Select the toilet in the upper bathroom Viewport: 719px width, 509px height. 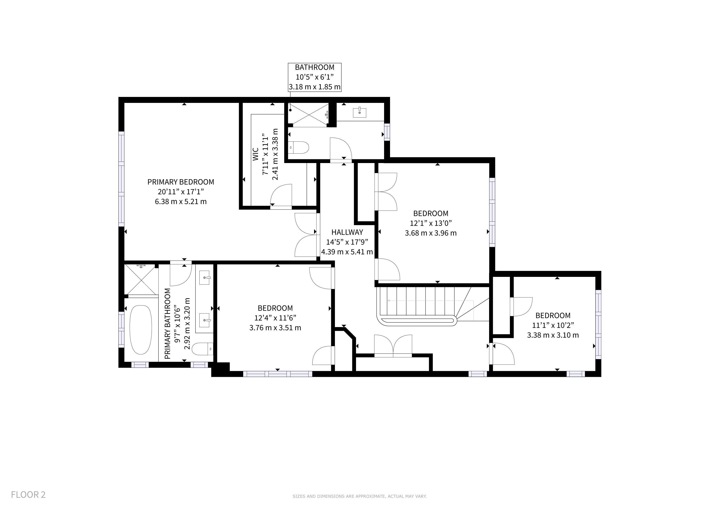(x=298, y=147)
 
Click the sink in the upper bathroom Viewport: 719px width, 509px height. (x=359, y=112)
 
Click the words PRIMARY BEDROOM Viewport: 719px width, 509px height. (x=181, y=182)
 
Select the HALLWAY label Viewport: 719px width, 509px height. (x=347, y=232)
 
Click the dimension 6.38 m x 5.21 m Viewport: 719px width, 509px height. (x=181, y=202)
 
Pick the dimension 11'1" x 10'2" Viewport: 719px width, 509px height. (x=553, y=325)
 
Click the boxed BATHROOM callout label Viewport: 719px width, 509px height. (x=315, y=77)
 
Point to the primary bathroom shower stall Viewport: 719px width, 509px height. (x=141, y=280)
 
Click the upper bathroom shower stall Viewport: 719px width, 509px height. (x=308, y=115)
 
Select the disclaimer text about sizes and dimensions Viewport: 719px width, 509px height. (x=359, y=496)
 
